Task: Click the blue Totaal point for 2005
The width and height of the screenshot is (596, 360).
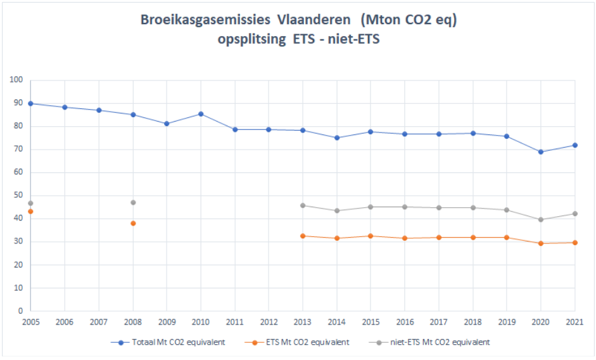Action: (30, 103)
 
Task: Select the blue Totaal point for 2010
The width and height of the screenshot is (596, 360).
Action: (201, 114)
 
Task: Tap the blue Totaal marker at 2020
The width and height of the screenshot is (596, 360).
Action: (541, 151)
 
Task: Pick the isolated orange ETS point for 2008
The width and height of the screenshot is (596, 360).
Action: (133, 223)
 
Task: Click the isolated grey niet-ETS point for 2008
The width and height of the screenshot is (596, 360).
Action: (133, 202)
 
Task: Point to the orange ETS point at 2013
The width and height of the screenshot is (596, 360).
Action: (303, 236)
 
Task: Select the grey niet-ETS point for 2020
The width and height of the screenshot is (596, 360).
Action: (541, 219)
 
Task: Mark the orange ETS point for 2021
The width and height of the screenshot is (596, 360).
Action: (574, 243)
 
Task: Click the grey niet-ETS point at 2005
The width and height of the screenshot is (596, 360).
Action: (30, 203)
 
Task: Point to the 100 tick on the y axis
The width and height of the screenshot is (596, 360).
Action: (16, 80)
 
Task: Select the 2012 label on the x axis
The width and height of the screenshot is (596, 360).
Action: (269, 323)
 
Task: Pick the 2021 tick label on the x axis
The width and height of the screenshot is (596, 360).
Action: (574, 323)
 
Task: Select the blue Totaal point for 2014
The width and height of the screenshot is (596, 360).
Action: (337, 138)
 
